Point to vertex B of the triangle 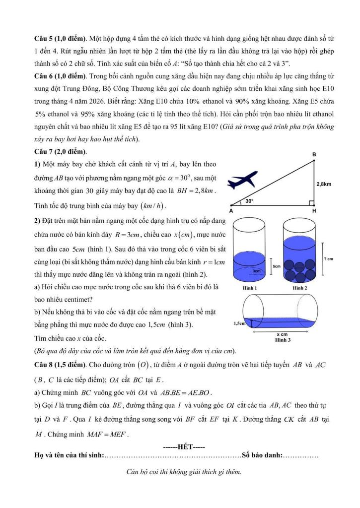[x=314, y=155]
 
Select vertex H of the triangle [x=314, y=210]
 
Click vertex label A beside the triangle [x=231, y=211]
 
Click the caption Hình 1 [x=250, y=288]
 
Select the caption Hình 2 [x=300, y=288]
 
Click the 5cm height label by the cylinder [x=277, y=266]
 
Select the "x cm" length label [x=282, y=334]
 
